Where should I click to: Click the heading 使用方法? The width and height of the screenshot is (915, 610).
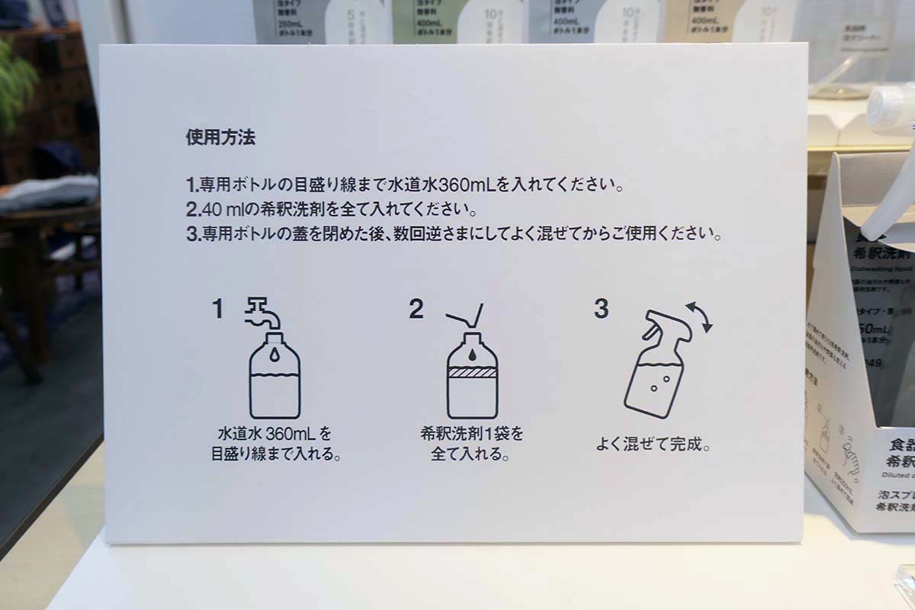[x=220, y=139]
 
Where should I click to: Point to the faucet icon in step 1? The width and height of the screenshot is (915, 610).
[x=263, y=313]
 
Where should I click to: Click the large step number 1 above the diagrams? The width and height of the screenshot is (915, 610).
[x=218, y=309]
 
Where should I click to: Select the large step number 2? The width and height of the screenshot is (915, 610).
[x=416, y=309]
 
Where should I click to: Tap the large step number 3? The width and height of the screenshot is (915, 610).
[x=601, y=309]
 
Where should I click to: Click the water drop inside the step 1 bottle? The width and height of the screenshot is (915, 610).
[x=274, y=356]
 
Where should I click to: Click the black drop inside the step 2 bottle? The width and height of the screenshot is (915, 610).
[x=472, y=355]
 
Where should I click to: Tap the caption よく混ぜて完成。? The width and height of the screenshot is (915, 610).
[x=653, y=444]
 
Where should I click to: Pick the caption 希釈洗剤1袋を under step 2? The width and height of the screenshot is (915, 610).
[x=472, y=435]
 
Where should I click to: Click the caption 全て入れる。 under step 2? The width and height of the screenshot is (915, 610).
[x=471, y=455]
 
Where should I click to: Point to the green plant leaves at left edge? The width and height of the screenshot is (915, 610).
[x=15, y=84]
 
